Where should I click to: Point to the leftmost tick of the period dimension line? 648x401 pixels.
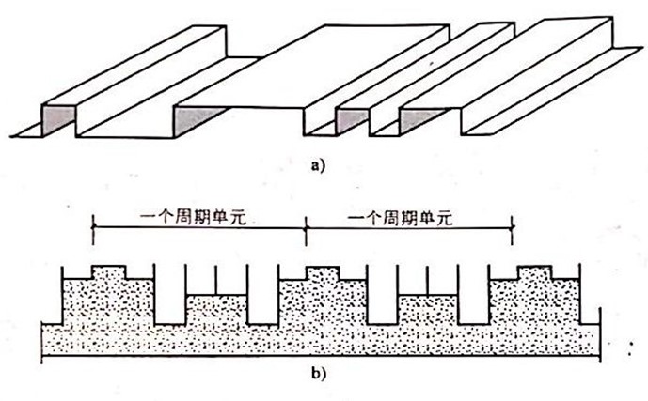pos(93,226)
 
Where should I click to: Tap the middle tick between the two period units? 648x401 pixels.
pos(305,226)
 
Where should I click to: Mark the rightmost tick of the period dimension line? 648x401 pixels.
pos(512,226)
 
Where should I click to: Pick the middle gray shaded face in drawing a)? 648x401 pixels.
pos(352,120)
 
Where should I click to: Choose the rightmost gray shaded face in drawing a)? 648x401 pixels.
pos(413,119)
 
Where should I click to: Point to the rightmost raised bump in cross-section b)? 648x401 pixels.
pos(535,272)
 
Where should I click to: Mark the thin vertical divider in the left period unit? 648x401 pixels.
pos(216,280)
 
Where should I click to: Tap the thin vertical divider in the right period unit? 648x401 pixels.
pos(428,280)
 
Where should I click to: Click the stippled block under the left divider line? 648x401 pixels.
pos(216,309)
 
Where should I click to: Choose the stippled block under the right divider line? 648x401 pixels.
pos(428,309)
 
